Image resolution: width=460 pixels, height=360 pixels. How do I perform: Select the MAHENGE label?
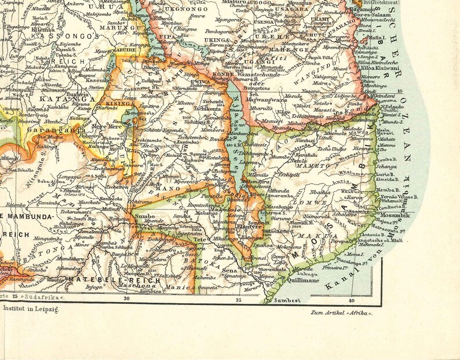click(x=297, y=50)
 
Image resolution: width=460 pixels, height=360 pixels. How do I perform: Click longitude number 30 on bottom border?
click(x=126, y=299)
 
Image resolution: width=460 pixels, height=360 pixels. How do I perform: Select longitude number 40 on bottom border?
click(x=352, y=299)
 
